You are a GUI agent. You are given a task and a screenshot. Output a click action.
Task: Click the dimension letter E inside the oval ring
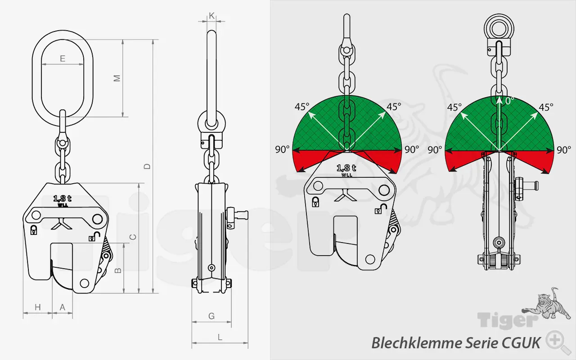tap(63, 58)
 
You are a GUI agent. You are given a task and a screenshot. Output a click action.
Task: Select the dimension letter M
tap(117, 78)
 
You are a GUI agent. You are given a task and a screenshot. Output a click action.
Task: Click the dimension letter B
tap(117, 270)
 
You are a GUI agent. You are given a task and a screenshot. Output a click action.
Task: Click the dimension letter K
tap(211, 15)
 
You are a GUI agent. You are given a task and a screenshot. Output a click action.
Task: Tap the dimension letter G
tap(211, 316)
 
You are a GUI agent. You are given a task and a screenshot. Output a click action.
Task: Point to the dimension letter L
tap(220, 337)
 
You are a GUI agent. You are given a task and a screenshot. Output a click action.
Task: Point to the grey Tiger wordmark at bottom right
tap(507, 320)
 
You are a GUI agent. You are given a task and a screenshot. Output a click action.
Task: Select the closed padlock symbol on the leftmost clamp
tap(34, 230)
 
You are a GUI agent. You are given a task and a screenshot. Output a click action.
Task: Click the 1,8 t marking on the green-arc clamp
tap(346, 168)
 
